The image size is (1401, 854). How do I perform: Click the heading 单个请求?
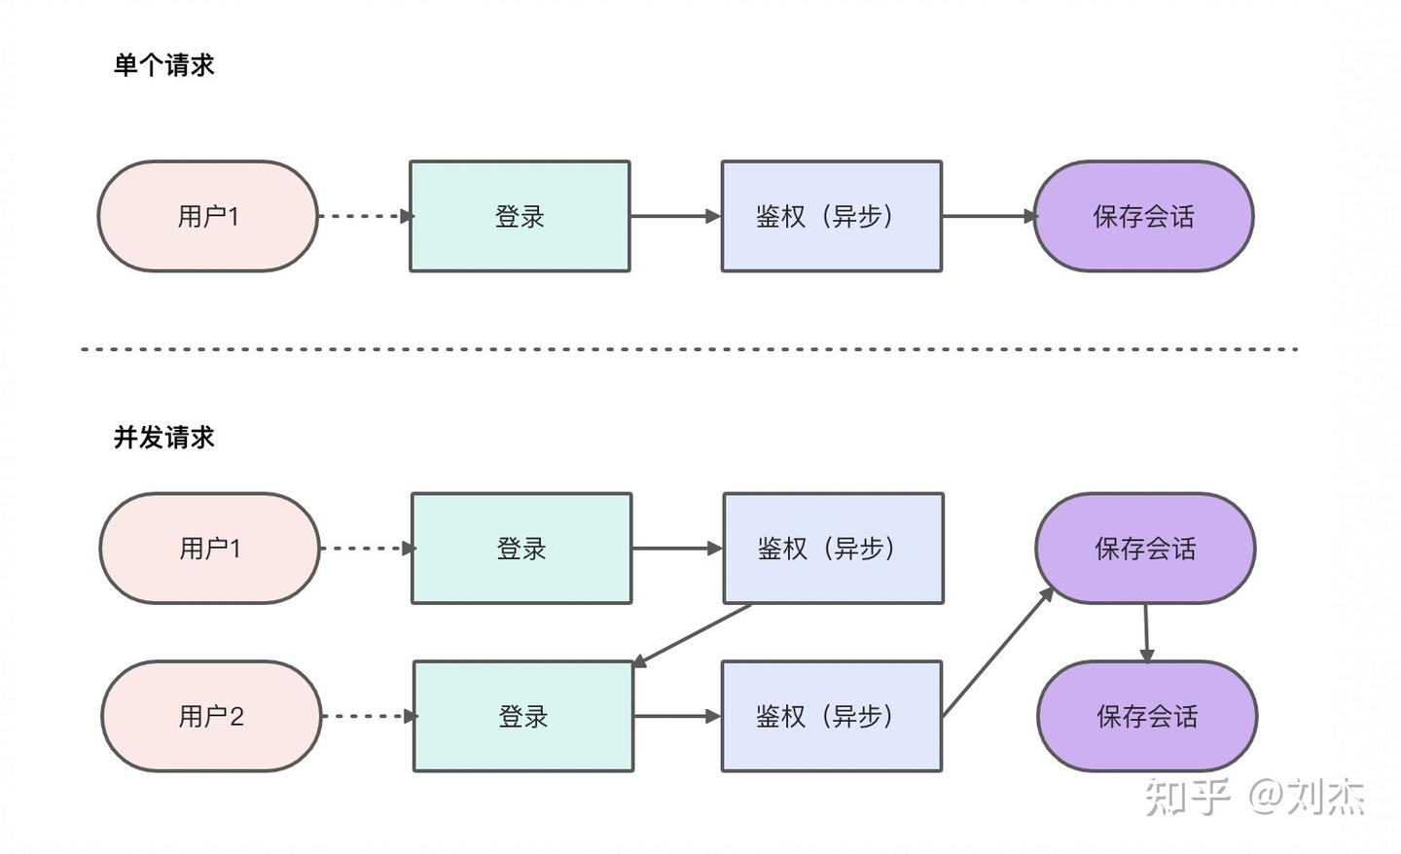point(163,65)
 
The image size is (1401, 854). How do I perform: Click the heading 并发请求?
point(163,437)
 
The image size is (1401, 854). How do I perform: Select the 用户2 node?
point(211,716)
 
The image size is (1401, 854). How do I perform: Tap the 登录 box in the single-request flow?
point(520,216)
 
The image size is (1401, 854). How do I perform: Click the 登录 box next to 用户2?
point(523,716)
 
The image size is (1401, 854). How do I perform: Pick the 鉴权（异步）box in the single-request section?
point(832,216)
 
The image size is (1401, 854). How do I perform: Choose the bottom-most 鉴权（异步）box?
point(832,716)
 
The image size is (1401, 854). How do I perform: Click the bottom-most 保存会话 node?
point(1147,716)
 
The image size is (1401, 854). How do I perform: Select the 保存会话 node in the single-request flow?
point(1143,216)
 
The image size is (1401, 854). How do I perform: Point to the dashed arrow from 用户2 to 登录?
point(369,716)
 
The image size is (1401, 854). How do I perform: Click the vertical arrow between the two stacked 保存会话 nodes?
point(1146,632)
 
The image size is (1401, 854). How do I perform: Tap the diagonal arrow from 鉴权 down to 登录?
point(692,635)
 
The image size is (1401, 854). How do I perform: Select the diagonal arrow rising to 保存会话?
point(998,652)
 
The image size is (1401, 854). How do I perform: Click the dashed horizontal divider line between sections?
point(689,349)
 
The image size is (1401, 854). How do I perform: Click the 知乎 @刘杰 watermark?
point(1255,797)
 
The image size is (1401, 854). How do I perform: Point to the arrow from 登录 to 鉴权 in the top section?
point(675,216)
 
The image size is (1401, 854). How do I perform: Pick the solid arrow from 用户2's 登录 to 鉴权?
point(677,716)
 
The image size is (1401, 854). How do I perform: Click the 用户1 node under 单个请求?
point(207,216)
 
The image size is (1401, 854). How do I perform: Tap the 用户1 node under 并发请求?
point(209,549)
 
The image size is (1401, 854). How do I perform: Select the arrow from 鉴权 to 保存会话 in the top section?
point(989,216)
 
